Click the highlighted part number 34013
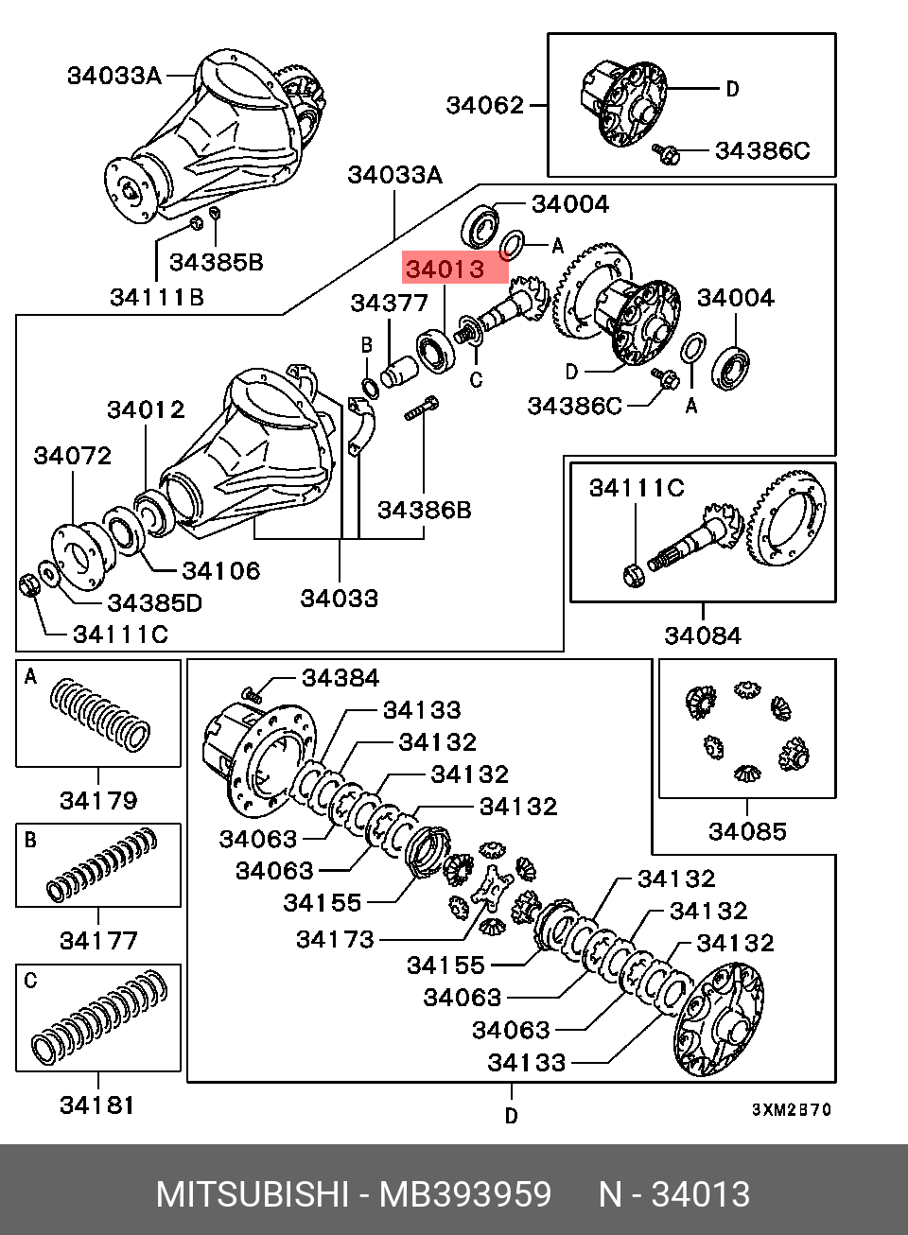coord(445,270)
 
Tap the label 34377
coord(389,303)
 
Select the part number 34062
coord(484,105)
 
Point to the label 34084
coord(702,635)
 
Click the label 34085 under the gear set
coord(746,831)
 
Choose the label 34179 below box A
coord(98,801)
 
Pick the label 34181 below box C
coord(97,1105)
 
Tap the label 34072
coord(72,456)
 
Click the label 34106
coord(220,570)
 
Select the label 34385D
coord(154,603)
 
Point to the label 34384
coord(340,678)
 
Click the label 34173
coord(335,939)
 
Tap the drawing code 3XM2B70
coord(792,1109)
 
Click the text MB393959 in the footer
coord(464,1194)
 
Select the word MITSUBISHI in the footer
coord(253,1194)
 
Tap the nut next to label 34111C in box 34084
coord(635,573)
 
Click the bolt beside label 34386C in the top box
coord(667,152)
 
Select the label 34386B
coord(424,511)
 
